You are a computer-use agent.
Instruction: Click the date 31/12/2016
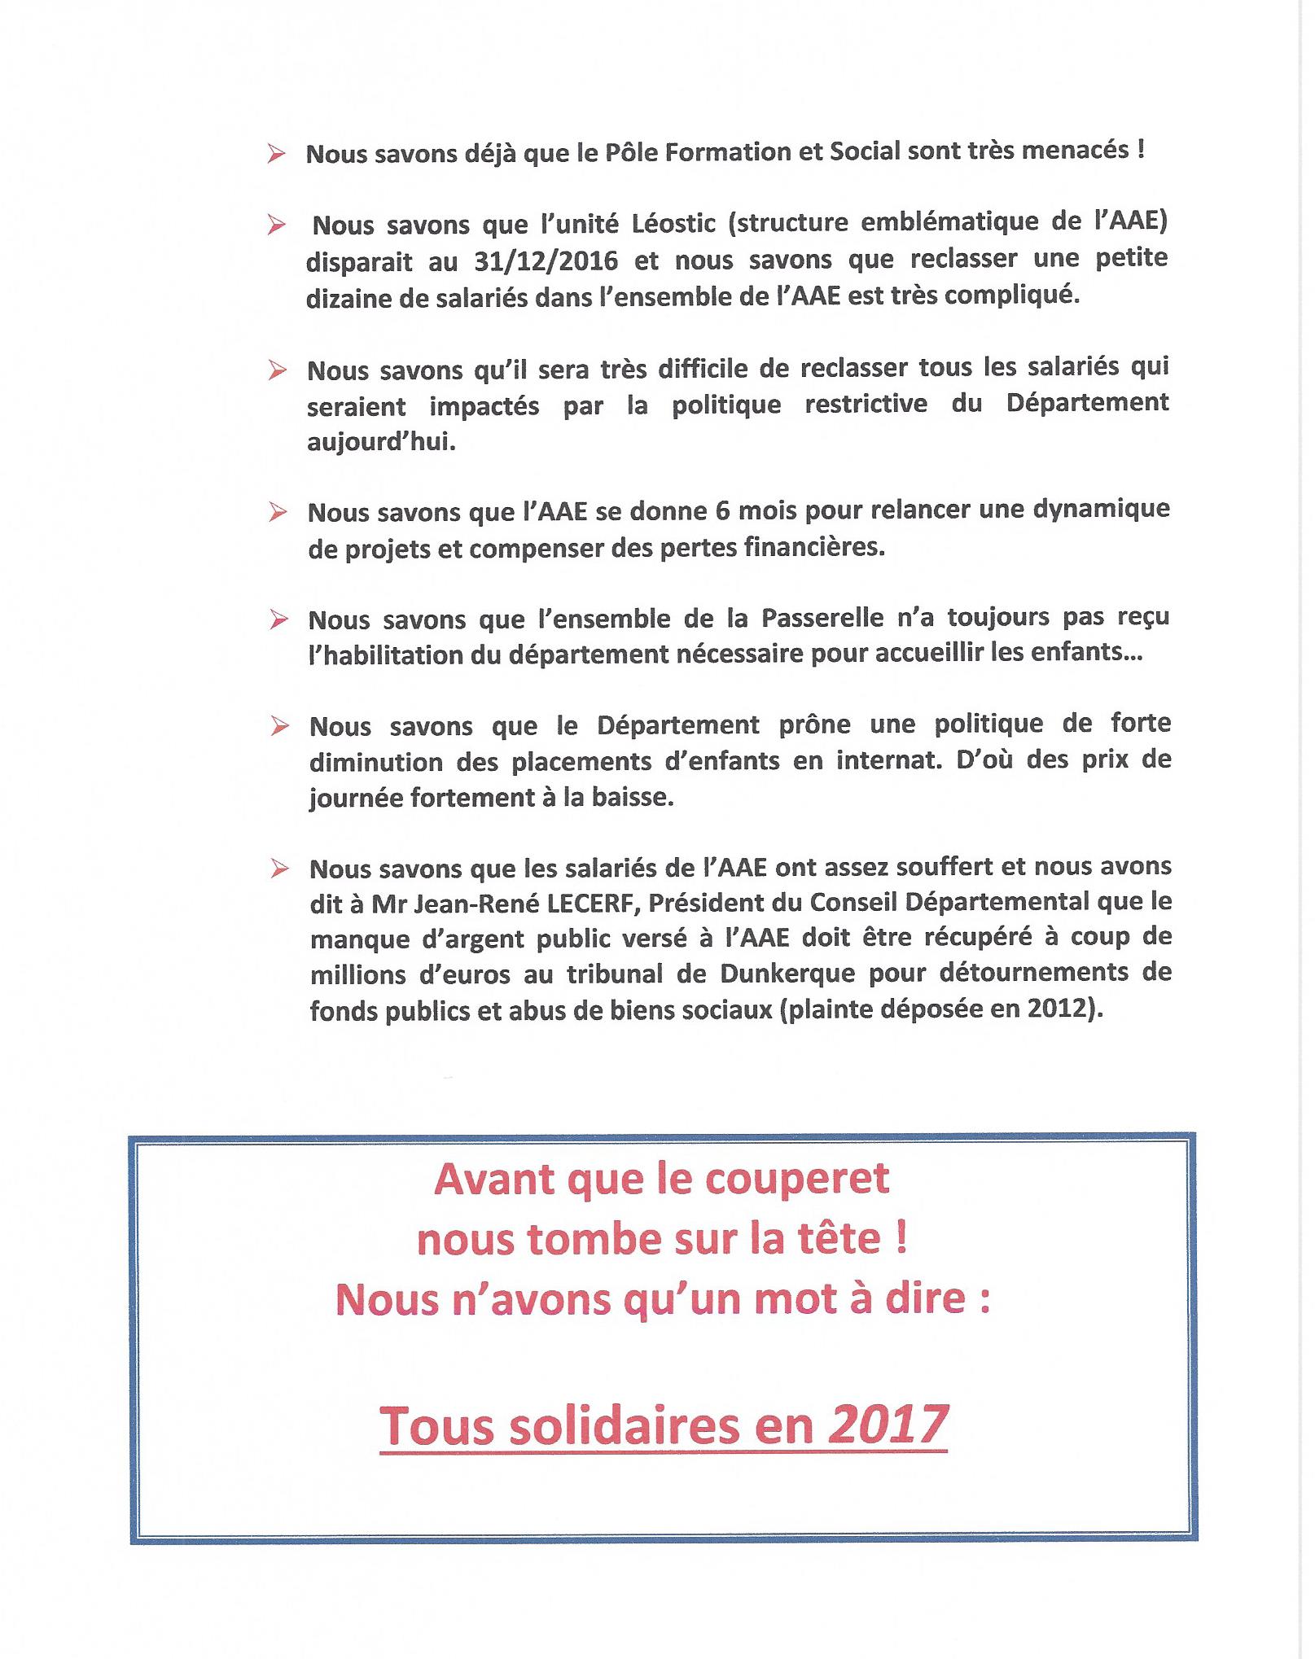pyautogui.click(x=546, y=261)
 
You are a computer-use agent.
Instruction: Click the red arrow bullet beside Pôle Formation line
pyautogui.click(x=276, y=154)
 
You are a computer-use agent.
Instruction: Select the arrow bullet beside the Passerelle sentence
pyautogui.click(x=279, y=620)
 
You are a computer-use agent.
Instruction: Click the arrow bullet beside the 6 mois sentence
pyautogui.click(x=278, y=513)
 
